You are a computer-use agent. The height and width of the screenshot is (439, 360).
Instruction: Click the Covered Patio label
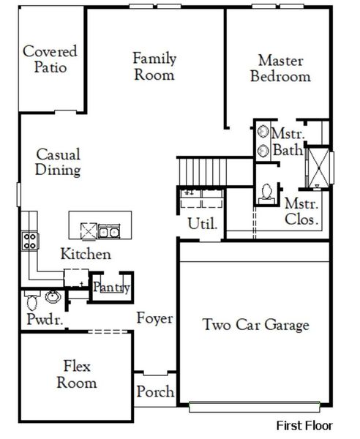click(x=50, y=59)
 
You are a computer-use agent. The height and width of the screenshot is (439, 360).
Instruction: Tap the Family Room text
click(x=154, y=66)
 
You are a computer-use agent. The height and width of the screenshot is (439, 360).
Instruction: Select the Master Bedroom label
click(x=280, y=68)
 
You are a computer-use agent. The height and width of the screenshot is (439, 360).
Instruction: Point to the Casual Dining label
click(x=58, y=162)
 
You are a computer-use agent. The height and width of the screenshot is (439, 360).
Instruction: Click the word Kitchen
click(x=86, y=255)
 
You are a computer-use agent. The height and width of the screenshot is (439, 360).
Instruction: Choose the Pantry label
click(x=110, y=288)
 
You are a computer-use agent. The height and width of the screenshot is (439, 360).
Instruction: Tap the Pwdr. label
click(x=40, y=320)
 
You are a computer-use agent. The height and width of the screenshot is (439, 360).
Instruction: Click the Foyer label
click(x=154, y=318)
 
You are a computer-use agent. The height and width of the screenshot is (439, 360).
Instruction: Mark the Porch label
click(x=155, y=392)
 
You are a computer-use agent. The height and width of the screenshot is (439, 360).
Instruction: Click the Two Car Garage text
click(x=256, y=325)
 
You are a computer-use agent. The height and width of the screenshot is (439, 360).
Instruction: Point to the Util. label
click(x=203, y=223)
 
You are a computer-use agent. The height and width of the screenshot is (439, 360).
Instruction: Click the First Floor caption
click(x=304, y=425)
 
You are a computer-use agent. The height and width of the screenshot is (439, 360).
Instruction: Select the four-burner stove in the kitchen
click(x=29, y=240)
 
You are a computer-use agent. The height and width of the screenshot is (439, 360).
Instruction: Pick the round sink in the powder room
click(x=53, y=297)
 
